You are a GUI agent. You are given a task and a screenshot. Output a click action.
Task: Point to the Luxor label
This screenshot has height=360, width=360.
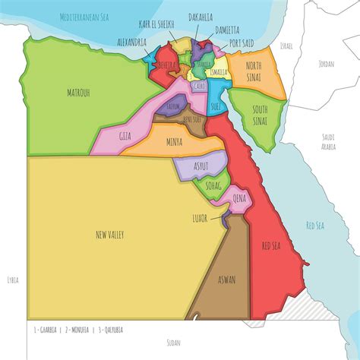pyautogui.click(x=200, y=218)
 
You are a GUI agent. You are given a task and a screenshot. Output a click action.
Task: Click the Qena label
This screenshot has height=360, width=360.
pyautogui.click(x=238, y=197)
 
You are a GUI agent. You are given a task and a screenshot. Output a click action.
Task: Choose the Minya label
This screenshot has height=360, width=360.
pyautogui.click(x=173, y=141)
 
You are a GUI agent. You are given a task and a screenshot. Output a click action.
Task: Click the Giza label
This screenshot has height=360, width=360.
pyautogui.click(x=127, y=136)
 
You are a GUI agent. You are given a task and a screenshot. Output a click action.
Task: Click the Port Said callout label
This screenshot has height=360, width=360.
pyautogui.click(x=242, y=43)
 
